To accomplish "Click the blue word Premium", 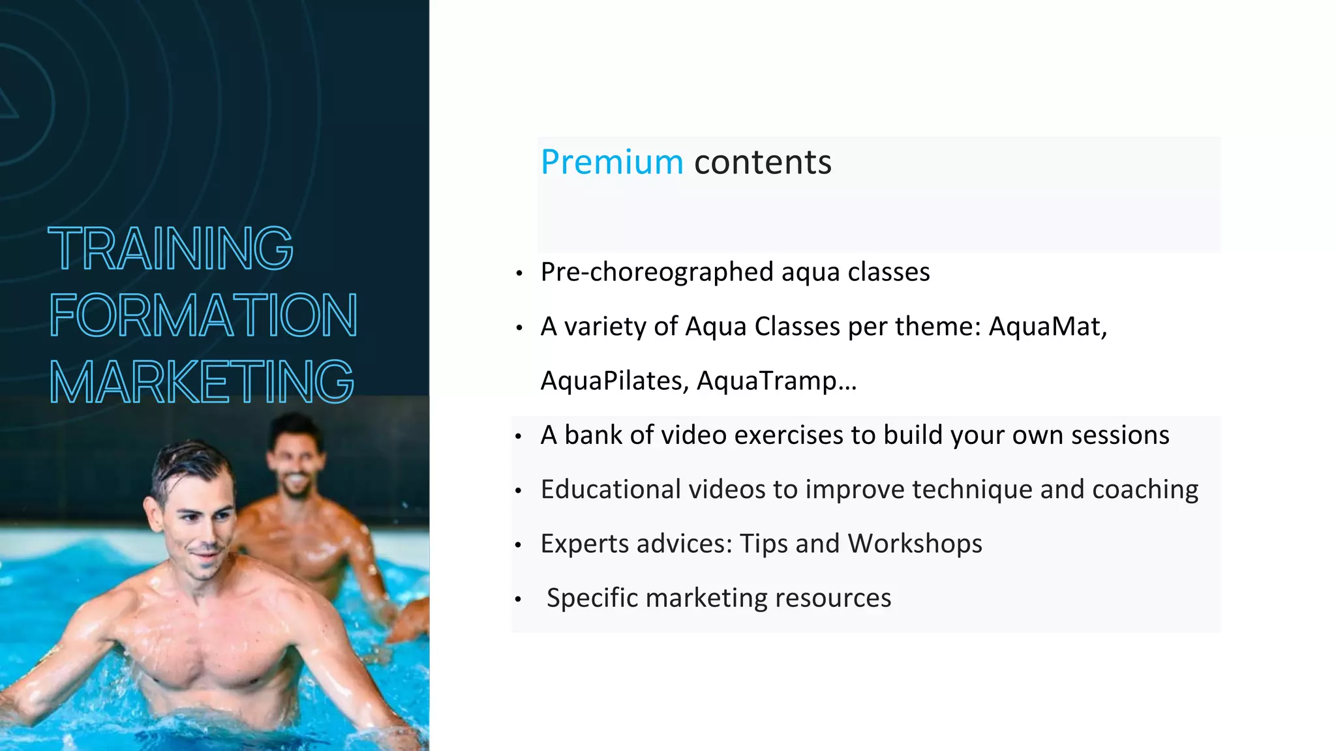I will [611, 162].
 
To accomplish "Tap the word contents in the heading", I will [763, 162].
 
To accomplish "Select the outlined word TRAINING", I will [171, 248].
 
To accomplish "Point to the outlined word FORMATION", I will [203, 316].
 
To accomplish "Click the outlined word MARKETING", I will [202, 382].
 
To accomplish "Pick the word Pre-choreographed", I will [657, 272].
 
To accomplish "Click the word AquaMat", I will [1047, 327].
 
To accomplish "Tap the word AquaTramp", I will [776, 381].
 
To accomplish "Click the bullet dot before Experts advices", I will [519, 545].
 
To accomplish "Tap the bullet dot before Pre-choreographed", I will [519, 274].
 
